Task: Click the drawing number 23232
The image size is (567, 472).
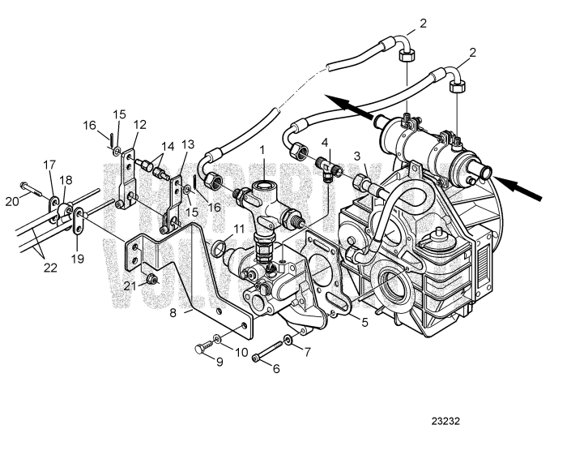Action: [x=446, y=422]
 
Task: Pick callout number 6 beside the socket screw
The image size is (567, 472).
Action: [x=276, y=367]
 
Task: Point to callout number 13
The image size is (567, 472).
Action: [x=188, y=144]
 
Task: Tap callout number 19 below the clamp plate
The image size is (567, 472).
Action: [x=79, y=258]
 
